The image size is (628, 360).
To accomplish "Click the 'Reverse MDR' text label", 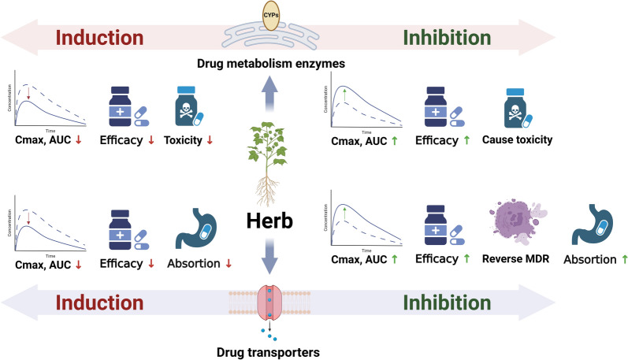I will tap(515, 257).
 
